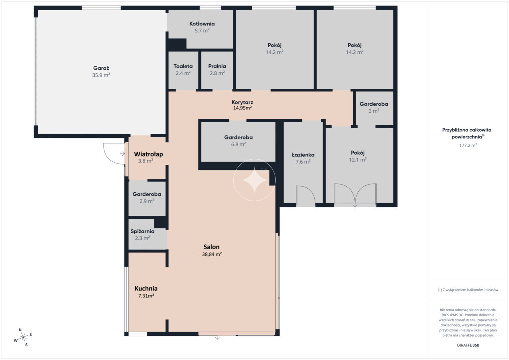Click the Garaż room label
pyautogui.click(x=101, y=68)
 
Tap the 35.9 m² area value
pyautogui.click(x=101, y=75)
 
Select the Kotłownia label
pyautogui.click(x=202, y=24)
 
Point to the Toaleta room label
pyautogui.click(x=183, y=66)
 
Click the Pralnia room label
pyautogui.click(x=217, y=66)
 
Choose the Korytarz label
pyautogui.click(x=242, y=102)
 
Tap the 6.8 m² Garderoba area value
pyautogui.click(x=238, y=144)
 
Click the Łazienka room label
pyautogui.click(x=303, y=155)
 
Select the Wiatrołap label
pyautogui.click(x=148, y=154)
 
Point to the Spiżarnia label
pyautogui.click(x=142, y=231)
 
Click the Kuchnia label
pyautogui.click(x=146, y=288)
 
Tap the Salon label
pyautogui.click(x=212, y=247)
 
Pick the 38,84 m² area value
pyautogui.click(x=212, y=254)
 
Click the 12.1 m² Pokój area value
pyautogui.click(x=358, y=160)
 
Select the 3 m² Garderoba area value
pyautogui.click(x=374, y=111)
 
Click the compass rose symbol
pyautogui.click(x=23, y=337)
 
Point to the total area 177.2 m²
pyautogui.click(x=468, y=145)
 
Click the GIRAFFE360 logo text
pyautogui.click(x=468, y=345)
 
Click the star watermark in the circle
pyautogui.click(x=254, y=180)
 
